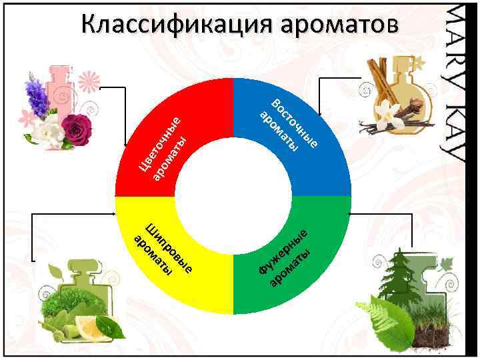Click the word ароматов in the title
coord(340,25)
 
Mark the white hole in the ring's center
coord(233,197)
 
